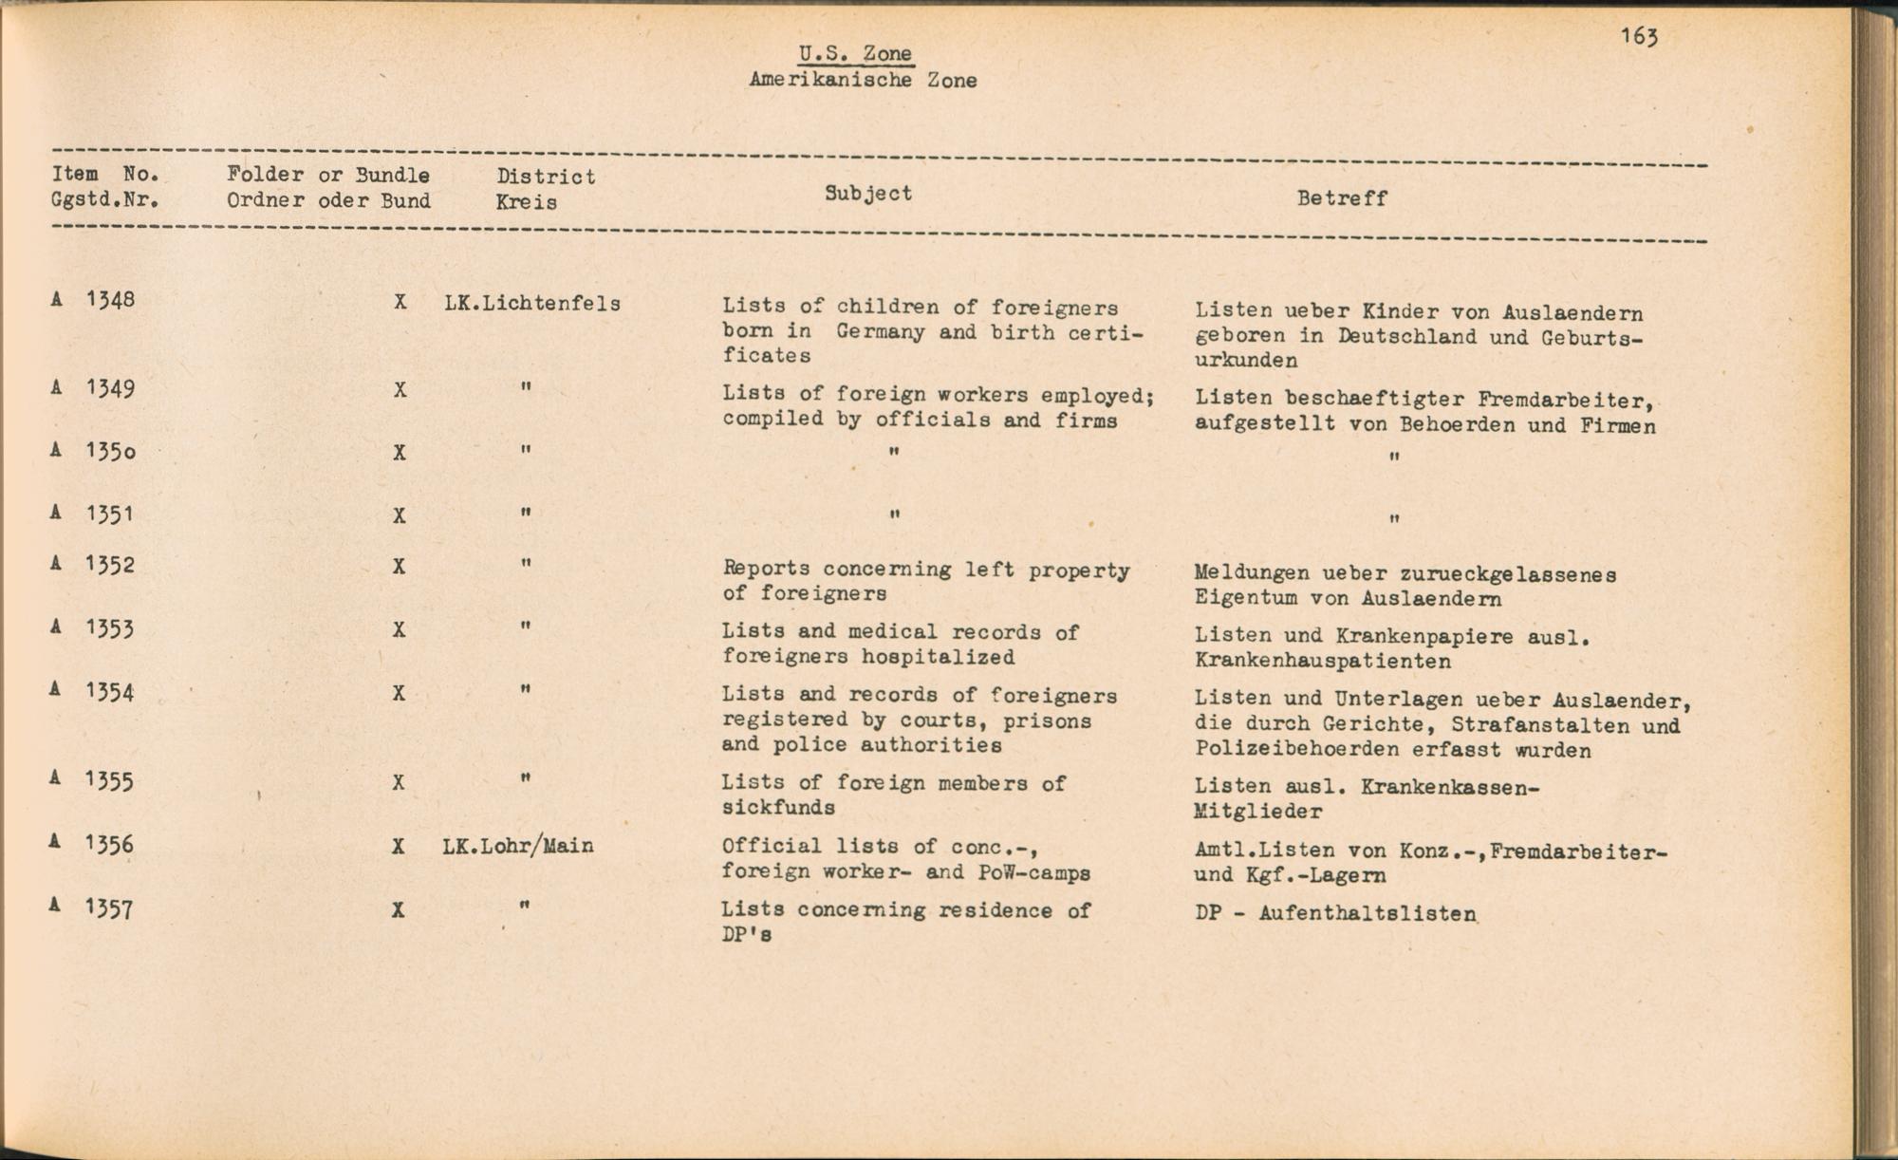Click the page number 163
1639,37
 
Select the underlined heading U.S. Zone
855,54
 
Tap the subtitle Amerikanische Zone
863,81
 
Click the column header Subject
867,194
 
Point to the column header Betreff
1341,198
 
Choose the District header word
546,177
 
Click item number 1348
110,300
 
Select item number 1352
110,565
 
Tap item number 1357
108,909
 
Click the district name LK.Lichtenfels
531,304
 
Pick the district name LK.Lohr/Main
518,846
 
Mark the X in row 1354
400,694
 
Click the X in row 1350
400,453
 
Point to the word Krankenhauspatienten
1322,661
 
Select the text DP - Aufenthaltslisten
1335,914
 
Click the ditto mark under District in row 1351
525,514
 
